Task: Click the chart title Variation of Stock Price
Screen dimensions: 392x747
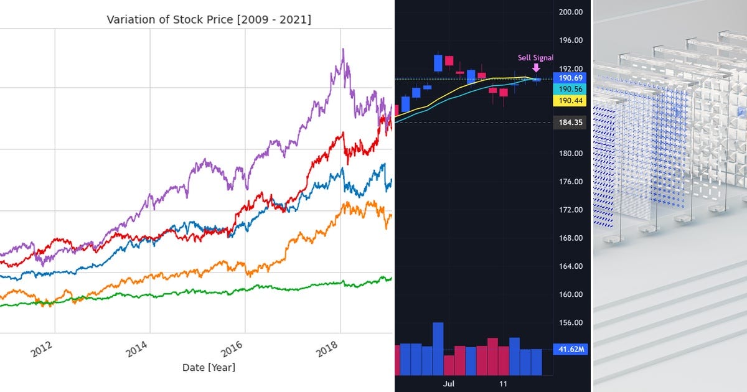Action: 209,19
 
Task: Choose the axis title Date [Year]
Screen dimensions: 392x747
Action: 209,368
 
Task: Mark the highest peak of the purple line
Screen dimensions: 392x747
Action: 342,50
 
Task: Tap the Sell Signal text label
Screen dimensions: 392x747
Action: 535,58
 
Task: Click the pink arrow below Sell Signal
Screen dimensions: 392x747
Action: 536,68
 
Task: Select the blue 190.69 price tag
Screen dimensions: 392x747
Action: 570,78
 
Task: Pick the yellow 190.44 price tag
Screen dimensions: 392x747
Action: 570,101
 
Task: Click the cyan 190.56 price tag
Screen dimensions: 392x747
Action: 570,90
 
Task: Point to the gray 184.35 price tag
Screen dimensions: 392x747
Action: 570,123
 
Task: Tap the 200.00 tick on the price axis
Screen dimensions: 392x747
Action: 570,12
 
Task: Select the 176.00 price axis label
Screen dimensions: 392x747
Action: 570,182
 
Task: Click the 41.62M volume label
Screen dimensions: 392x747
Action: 570,350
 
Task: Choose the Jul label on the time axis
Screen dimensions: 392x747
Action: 449,384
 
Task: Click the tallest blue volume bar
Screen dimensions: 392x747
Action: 438,348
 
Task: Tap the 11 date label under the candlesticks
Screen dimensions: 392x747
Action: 503,384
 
